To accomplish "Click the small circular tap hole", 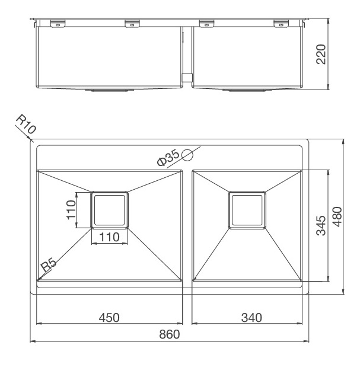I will point(188,156).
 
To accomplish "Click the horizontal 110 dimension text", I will point(110,237).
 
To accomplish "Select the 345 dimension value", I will point(321,226).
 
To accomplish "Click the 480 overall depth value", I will point(336,217).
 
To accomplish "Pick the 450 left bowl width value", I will point(109,317).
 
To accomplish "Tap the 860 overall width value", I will point(170,334).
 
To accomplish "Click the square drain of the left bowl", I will point(109,209).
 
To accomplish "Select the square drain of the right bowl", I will point(247,209).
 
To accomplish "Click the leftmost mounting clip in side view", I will point(57,24).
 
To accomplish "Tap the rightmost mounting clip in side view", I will point(279,24).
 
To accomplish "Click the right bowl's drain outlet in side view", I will point(247,91).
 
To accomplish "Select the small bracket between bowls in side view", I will point(186,77).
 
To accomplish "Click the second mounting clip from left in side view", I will point(132,24).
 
